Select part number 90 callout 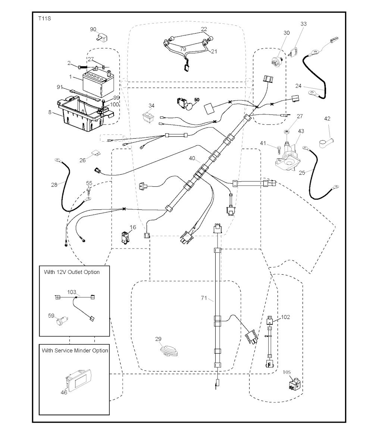click(93, 29)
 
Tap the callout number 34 click(151, 106)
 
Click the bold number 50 click(197, 100)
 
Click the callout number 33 click(304, 24)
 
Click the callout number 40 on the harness click(192, 158)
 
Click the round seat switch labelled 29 click(168, 350)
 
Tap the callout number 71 click(204, 298)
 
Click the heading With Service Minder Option click(75, 351)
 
